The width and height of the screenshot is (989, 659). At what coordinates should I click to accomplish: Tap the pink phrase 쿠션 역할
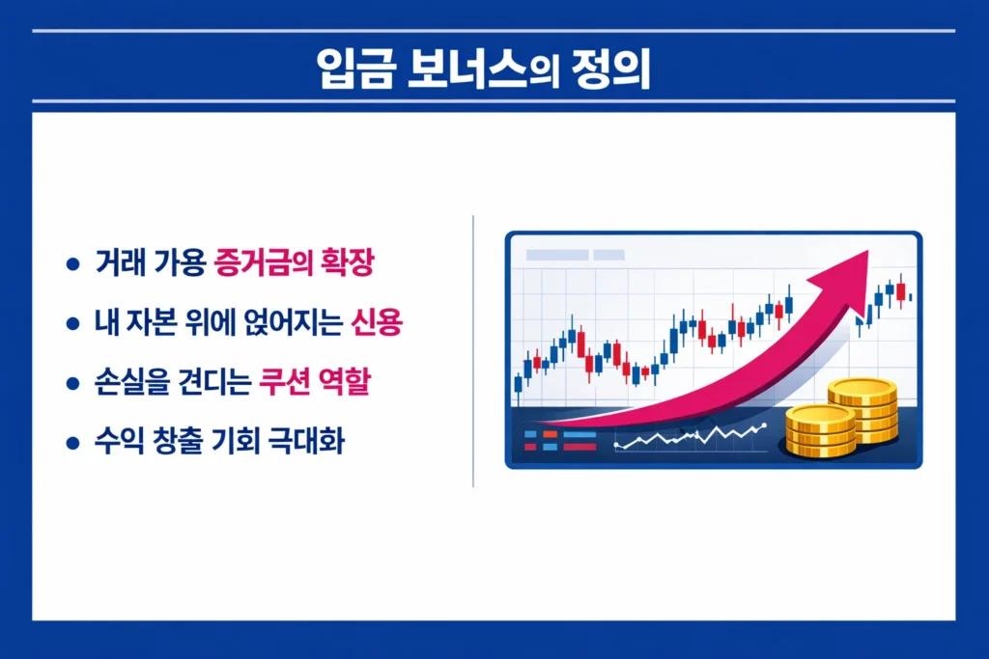point(315,383)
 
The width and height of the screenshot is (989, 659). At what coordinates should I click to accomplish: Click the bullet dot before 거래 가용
point(71,264)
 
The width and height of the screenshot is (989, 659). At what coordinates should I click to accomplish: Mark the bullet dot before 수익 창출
point(71,444)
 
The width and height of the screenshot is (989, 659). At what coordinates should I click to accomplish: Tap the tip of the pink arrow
point(865,253)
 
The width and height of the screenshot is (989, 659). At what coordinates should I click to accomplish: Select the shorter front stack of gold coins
point(820,431)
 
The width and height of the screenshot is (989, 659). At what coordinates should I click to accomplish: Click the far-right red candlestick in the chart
point(900,290)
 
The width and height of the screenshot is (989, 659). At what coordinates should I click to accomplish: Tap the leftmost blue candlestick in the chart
point(518,385)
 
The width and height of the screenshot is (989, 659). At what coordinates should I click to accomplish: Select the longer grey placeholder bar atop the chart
point(555,255)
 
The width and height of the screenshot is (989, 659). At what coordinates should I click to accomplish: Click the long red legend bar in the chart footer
point(578,448)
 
